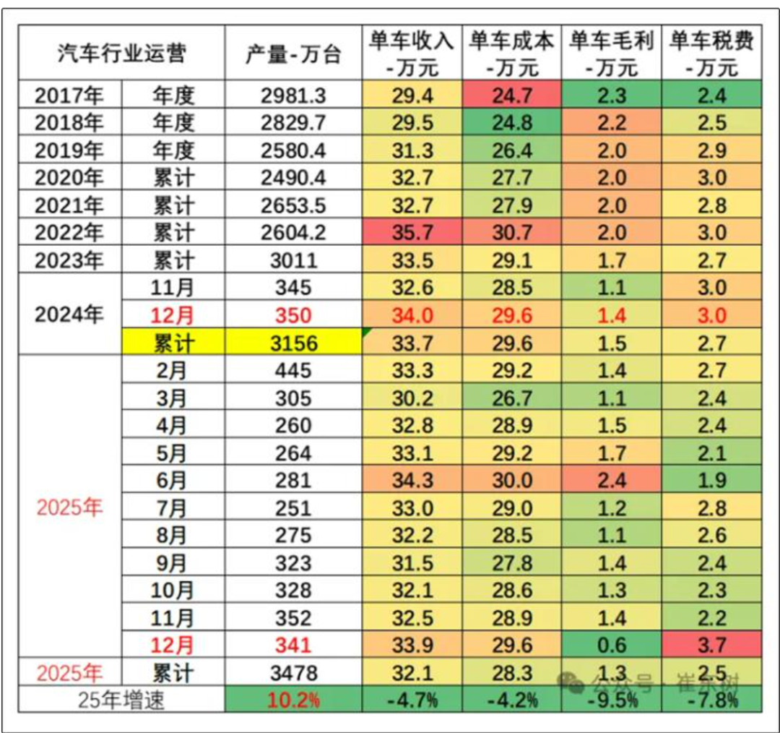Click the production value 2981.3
[292, 95]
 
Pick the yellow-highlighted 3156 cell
[292, 343]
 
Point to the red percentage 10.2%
[292, 700]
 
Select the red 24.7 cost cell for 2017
[512, 95]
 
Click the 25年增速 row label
[121, 700]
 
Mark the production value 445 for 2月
[292, 370]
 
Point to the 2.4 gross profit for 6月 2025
[611, 480]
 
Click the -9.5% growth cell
[611, 700]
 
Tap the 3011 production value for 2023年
[292, 260]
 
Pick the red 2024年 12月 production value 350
[292, 315]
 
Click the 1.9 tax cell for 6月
[711, 480]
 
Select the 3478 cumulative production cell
[292, 673]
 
